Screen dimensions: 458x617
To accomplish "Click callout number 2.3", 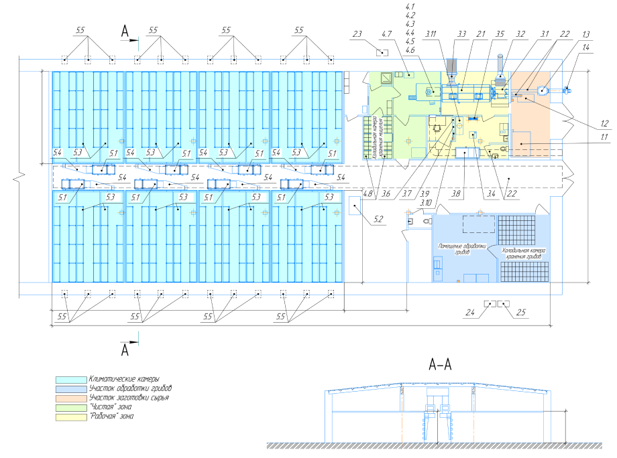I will pyautogui.click(x=357, y=33).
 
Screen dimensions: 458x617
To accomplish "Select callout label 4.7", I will pyautogui.click(x=386, y=33).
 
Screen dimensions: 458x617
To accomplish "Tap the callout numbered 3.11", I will pyautogui.click(x=431, y=33).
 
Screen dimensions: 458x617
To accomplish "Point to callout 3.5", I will pyautogui.click(x=500, y=33).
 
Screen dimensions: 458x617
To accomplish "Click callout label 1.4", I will pyautogui.click(x=586, y=48).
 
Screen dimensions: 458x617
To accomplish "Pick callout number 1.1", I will pyautogui.click(x=604, y=137).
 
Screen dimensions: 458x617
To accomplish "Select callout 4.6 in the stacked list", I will pyautogui.click(x=410, y=50).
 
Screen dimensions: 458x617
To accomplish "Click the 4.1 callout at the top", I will pyautogui.click(x=410, y=6).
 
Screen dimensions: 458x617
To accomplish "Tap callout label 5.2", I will pyautogui.click(x=378, y=219).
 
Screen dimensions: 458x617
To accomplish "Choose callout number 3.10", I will pyautogui.click(x=425, y=202).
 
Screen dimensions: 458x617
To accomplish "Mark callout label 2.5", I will pyautogui.click(x=521, y=312).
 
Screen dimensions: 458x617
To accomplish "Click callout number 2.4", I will pyautogui.click(x=470, y=312).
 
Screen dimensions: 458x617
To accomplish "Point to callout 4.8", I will pyautogui.click(x=368, y=194).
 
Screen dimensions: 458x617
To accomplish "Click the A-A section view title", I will pyautogui.click(x=441, y=366).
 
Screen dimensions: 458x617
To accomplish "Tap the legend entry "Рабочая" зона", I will pyautogui.click(x=112, y=416).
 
